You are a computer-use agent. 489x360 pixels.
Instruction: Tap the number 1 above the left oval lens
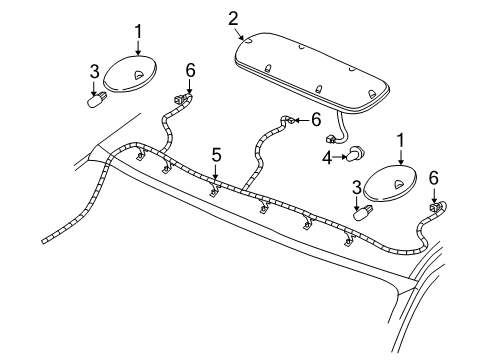(x=138, y=33)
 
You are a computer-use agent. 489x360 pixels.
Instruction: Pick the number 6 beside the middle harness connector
(x=315, y=119)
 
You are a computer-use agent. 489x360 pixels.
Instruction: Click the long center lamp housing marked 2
(x=310, y=70)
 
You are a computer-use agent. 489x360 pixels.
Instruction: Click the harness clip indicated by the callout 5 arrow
(x=215, y=187)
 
